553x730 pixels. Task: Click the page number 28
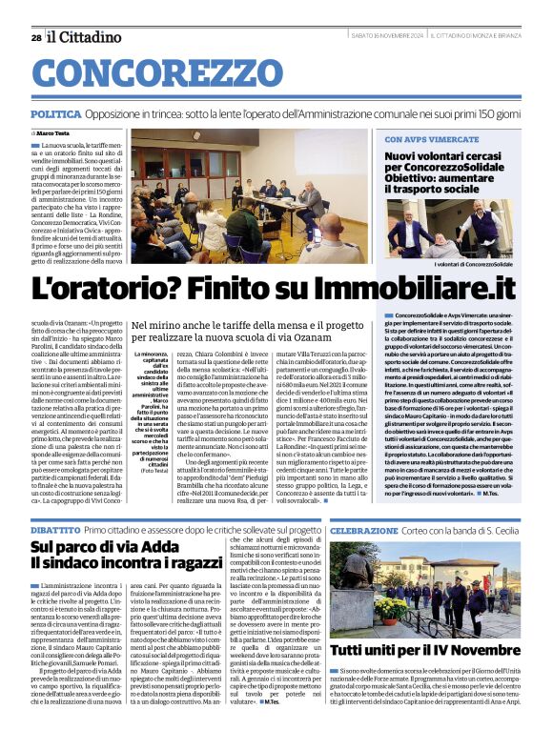[x=35, y=37]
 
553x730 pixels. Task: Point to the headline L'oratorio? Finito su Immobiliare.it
[x=275, y=285]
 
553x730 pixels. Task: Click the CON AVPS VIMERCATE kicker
[x=432, y=140]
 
